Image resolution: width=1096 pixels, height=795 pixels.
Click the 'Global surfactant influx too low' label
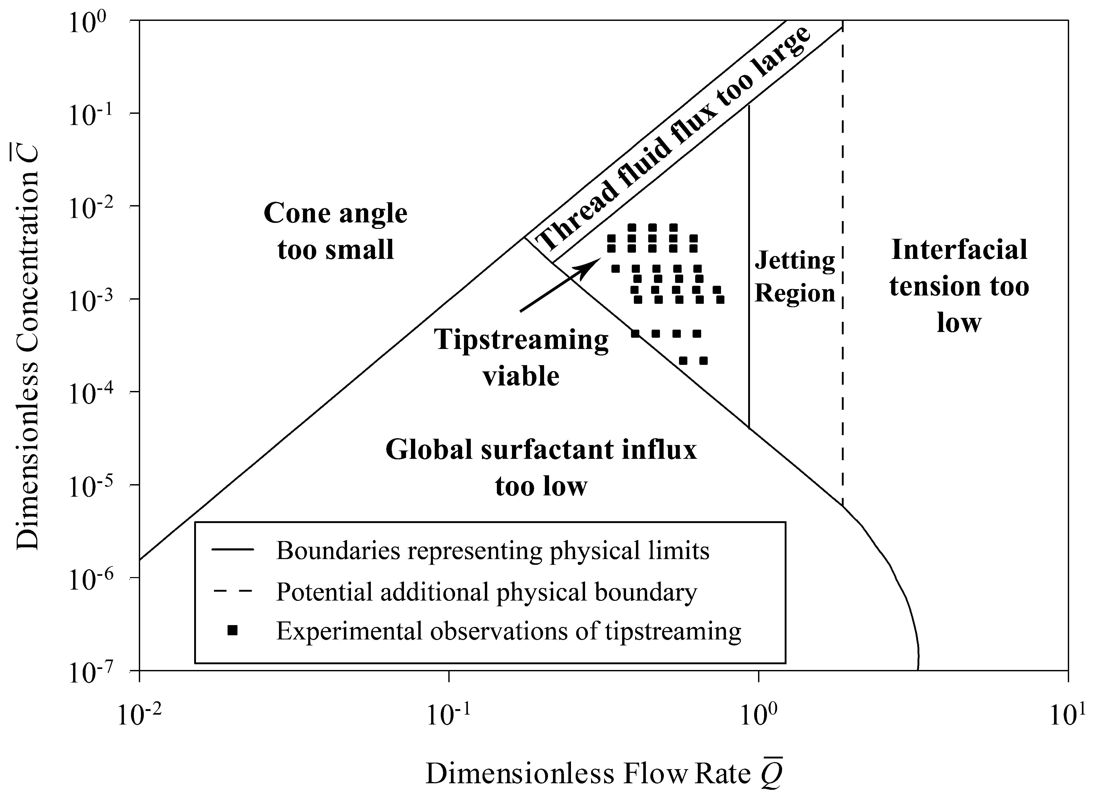coord(541,467)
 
